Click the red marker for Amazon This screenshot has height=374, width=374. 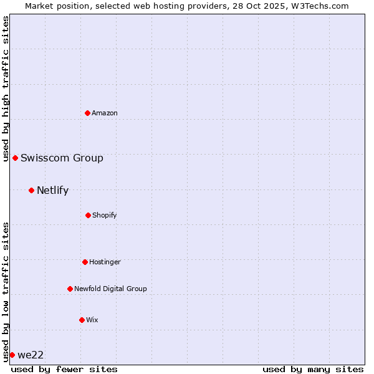pyautogui.click(x=87, y=113)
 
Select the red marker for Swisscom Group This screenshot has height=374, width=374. pyautogui.click(x=15, y=158)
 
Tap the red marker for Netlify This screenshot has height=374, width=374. pyautogui.click(x=31, y=190)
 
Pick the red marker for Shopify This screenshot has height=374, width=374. pyautogui.click(x=88, y=215)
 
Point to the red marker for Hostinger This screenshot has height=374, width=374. pyautogui.click(x=85, y=262)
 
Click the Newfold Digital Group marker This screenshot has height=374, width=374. pyautogui.click(x=70, y=289)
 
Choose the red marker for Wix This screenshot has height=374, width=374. pyautogui.click(x=82, y=320)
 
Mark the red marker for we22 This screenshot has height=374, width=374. pyautogui.click(x=12, y=355)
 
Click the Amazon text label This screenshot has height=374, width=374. pyautogui.click(x=105, y=113)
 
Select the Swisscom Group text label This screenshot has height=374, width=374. pyautogui.click(x=62, y=158)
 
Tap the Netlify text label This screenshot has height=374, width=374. pyautogui.click(x=52, y=190)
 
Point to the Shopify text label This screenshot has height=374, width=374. pyautogui.click(x=104, y=215)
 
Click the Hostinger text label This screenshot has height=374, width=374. pyautogui.click(x=105, y=262)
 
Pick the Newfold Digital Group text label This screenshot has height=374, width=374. pyautogui.click(x=110, y=289)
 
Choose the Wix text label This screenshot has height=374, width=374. pyautogui.click(x=92, y=320)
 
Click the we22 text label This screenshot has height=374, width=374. pyautogui.click(x=31, y=355)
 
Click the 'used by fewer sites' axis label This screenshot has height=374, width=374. pyautogui.click(x=64, y=369)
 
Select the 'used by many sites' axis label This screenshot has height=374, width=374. pyautogui.click(x=313, y=369)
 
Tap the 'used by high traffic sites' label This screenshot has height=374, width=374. pyautogui.click(x=6, y=89)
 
